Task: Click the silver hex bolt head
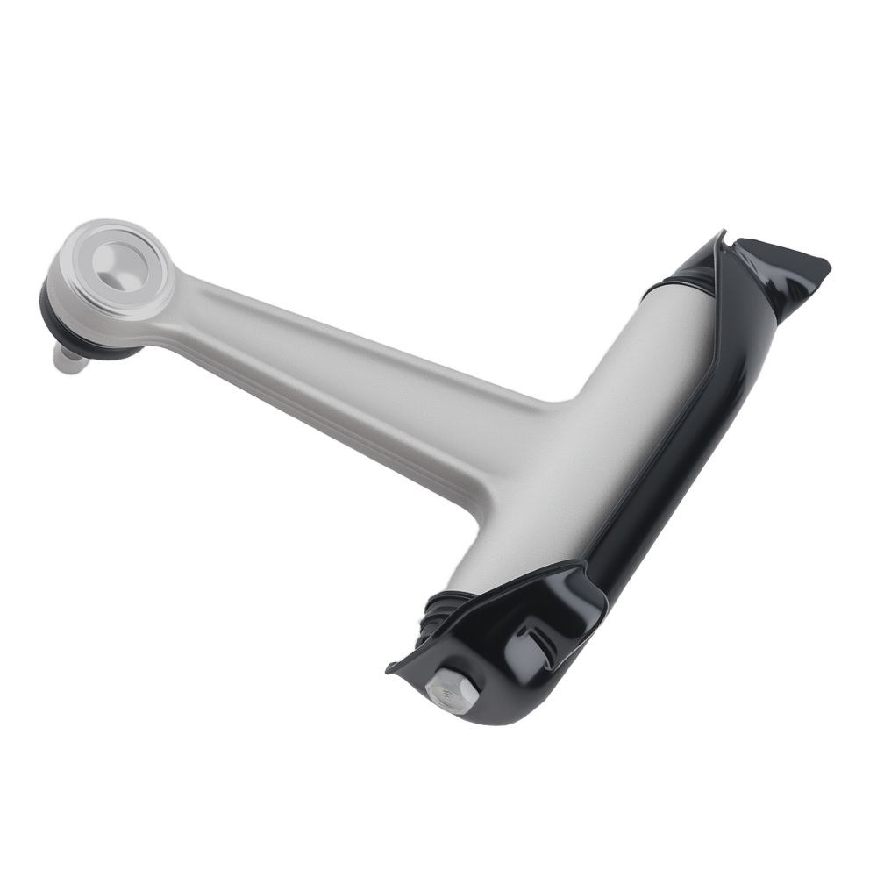451,690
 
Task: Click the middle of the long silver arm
351,351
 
